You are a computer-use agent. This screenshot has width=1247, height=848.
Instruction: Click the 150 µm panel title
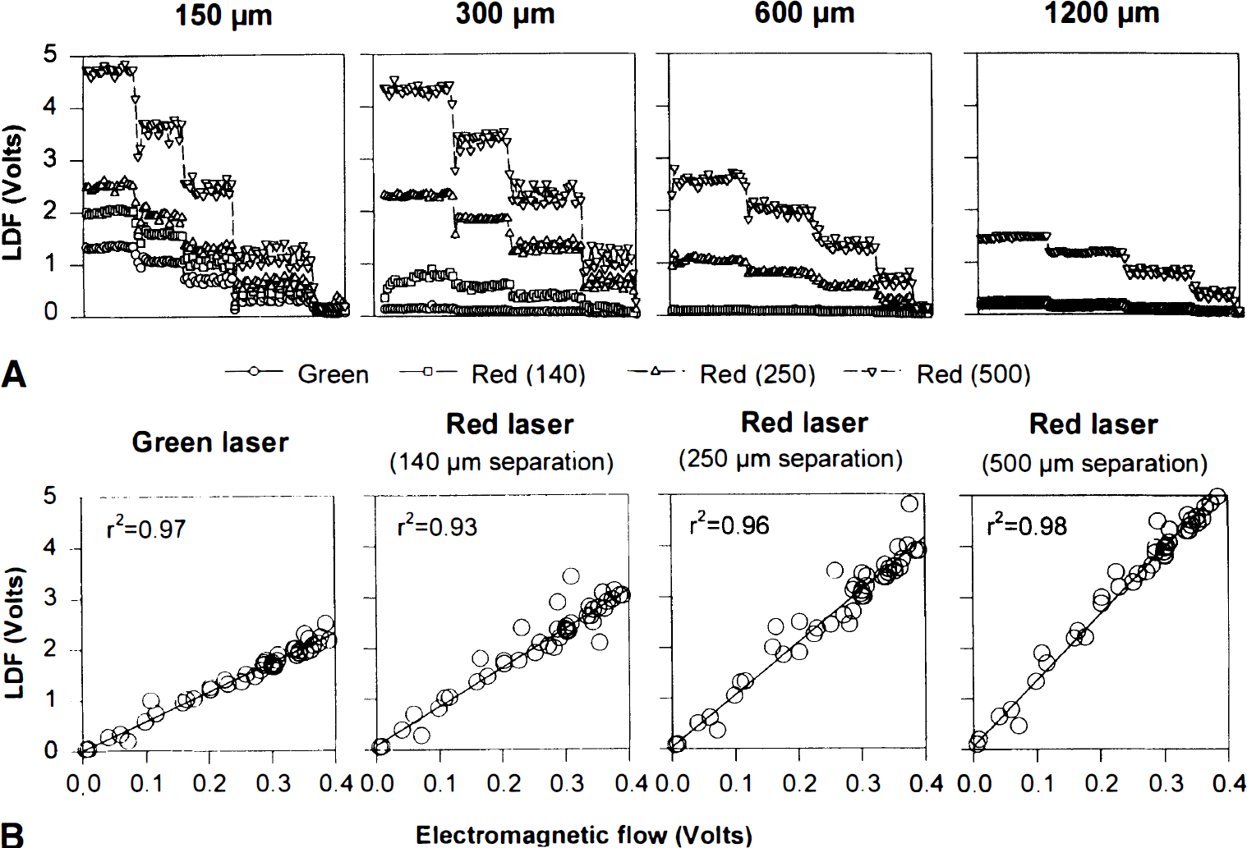click(223, 15)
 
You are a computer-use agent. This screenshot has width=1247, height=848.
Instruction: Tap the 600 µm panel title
click(804, 13)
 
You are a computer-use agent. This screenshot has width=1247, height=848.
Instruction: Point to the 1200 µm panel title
click(1102, 13)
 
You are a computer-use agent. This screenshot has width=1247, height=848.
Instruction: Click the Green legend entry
click(297, 374)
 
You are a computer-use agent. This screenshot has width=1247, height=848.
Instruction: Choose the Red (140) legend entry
click(492, 374)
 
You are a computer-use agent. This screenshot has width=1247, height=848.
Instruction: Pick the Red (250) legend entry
click(721, 374)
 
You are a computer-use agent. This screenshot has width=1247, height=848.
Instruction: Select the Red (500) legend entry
click(937, 374)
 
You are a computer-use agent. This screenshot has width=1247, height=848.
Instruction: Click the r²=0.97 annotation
click(146, 527)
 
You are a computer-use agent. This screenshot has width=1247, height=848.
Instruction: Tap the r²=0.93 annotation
click(437, 526)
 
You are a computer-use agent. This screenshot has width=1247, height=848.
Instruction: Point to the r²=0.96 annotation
click(729, 525)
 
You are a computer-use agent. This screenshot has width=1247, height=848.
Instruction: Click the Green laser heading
click(209, 443)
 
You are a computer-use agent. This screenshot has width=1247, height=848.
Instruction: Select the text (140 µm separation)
click(501, 462)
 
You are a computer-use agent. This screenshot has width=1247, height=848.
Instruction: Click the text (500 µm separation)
click(1094, 464)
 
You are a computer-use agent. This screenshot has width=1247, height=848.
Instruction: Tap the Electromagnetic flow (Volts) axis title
click(584, 835)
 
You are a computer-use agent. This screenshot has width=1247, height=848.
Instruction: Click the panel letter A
click(14, 374)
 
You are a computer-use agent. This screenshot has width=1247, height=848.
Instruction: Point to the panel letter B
click(12, 835)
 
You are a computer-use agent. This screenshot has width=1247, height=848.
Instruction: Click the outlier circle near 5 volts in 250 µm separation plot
click(909, 503)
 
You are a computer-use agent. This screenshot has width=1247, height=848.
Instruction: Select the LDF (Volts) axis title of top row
click(12, 193)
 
